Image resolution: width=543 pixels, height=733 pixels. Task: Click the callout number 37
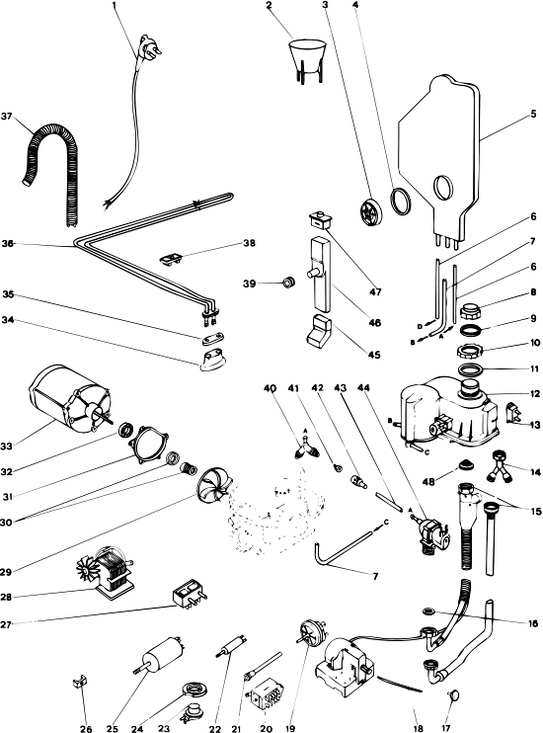coord(7,116)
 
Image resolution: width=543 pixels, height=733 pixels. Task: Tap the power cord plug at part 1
coord(149,47)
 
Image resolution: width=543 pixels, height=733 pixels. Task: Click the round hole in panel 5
coord(443,188)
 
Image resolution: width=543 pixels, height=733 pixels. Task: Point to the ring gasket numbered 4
coord(401,202)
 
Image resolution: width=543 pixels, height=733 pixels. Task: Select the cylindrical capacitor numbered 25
coord(160,654)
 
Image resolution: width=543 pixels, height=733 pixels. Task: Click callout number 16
coord(533,623)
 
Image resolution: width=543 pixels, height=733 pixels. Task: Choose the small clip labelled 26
coord(80,682)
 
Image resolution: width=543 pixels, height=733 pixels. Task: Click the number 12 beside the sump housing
coord(534,394)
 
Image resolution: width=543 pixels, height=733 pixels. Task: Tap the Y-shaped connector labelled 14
coord(499,465)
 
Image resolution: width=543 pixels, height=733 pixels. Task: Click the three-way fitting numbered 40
coord(306,447)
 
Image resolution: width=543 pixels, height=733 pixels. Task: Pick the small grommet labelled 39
coord(289,283)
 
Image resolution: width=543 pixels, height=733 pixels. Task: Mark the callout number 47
coord(375,292)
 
